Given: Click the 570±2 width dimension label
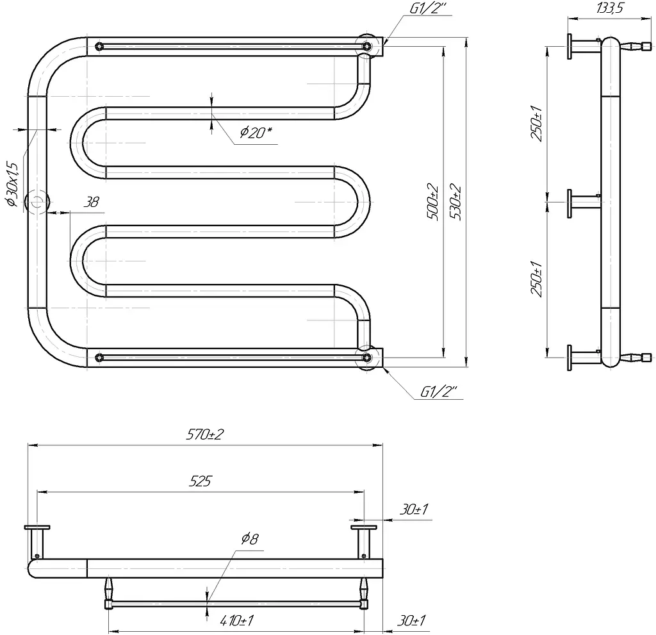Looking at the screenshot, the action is click(205, 434).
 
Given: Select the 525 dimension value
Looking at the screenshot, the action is click(200, 481).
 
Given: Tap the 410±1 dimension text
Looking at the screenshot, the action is click(236, 620).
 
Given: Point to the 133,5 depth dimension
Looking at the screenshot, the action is click(610, 8).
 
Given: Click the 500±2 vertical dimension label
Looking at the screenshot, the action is click(432, 202).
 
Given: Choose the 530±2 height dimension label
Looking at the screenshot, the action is click(455, 202).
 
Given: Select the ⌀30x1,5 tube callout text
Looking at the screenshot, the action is click(13, 185).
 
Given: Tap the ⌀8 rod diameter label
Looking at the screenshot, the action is click(250, 538).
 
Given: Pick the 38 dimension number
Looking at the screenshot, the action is click(91, 202).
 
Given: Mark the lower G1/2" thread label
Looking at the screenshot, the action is click(438, 392).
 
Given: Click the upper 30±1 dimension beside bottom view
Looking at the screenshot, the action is click(414, 509).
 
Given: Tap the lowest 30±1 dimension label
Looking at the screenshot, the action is click(412, 620).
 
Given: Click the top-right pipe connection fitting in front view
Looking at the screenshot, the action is click(368, 45).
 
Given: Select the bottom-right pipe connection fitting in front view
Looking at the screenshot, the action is click(368, 358).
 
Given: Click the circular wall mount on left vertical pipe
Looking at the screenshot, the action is click(37, 202).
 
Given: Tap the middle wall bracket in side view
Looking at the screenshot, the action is click(584, 203).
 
